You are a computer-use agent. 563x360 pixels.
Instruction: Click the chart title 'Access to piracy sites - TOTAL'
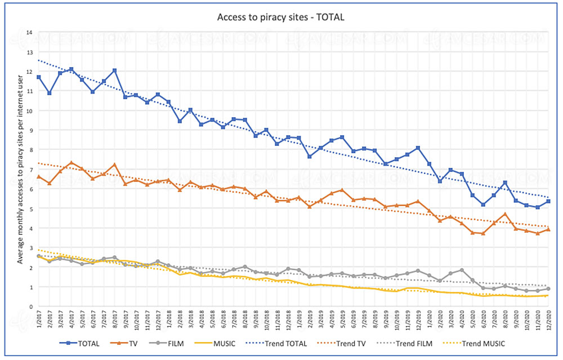coord(281,17)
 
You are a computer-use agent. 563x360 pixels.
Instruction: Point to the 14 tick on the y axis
coord(29,32)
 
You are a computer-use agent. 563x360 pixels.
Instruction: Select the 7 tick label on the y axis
coord(30,169)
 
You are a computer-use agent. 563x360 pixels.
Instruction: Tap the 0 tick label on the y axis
coord(30,306)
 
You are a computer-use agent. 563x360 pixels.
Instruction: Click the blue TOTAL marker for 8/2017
coord(114,70)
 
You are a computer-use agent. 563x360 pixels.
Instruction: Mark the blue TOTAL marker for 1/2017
coord(38,77)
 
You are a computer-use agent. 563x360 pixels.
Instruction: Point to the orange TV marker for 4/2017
coord(71,163)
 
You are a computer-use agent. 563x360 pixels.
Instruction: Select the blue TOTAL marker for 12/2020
coord(548,201)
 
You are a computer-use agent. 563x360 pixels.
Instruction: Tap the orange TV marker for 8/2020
coord(505,214)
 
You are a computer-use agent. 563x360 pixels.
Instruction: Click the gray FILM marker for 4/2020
coord(462,270)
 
